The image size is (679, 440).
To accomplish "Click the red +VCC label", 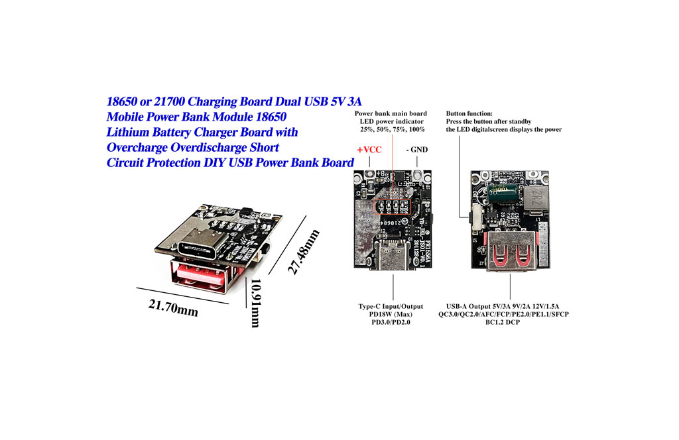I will [x=370, y=150].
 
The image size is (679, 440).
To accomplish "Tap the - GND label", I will [x=416, y=149].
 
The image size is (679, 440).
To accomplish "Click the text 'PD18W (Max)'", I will [x=391, y=314].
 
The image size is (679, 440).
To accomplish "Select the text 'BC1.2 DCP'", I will [x=509, y=322].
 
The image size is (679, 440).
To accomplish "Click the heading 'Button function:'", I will [x=469, y=113].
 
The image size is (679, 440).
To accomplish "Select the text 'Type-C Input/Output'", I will [x=391, y=306].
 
